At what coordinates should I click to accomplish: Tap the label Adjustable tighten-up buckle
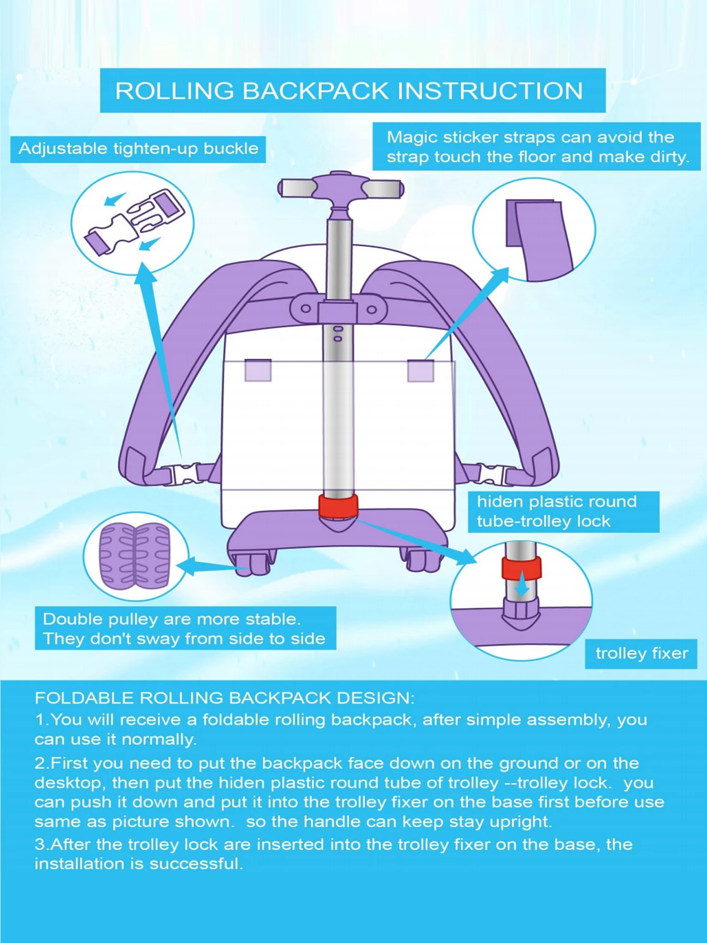coord(138,149)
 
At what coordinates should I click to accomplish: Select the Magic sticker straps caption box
coord(536,147)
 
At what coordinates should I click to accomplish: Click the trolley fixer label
coord(641,653)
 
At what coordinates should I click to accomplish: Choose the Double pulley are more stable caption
coord(185,628)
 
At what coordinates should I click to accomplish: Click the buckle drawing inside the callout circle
coord(135,223)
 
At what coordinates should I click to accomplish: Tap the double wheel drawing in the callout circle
coord(135,555)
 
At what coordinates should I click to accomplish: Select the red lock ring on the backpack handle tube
coord(338,506)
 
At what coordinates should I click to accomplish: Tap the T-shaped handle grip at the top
coord(340,188)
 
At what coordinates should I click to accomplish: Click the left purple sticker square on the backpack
coord(258,370)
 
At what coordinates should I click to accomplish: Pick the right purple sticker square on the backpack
coord(421,371)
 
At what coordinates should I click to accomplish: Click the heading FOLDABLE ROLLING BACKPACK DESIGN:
coord(224,698)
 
